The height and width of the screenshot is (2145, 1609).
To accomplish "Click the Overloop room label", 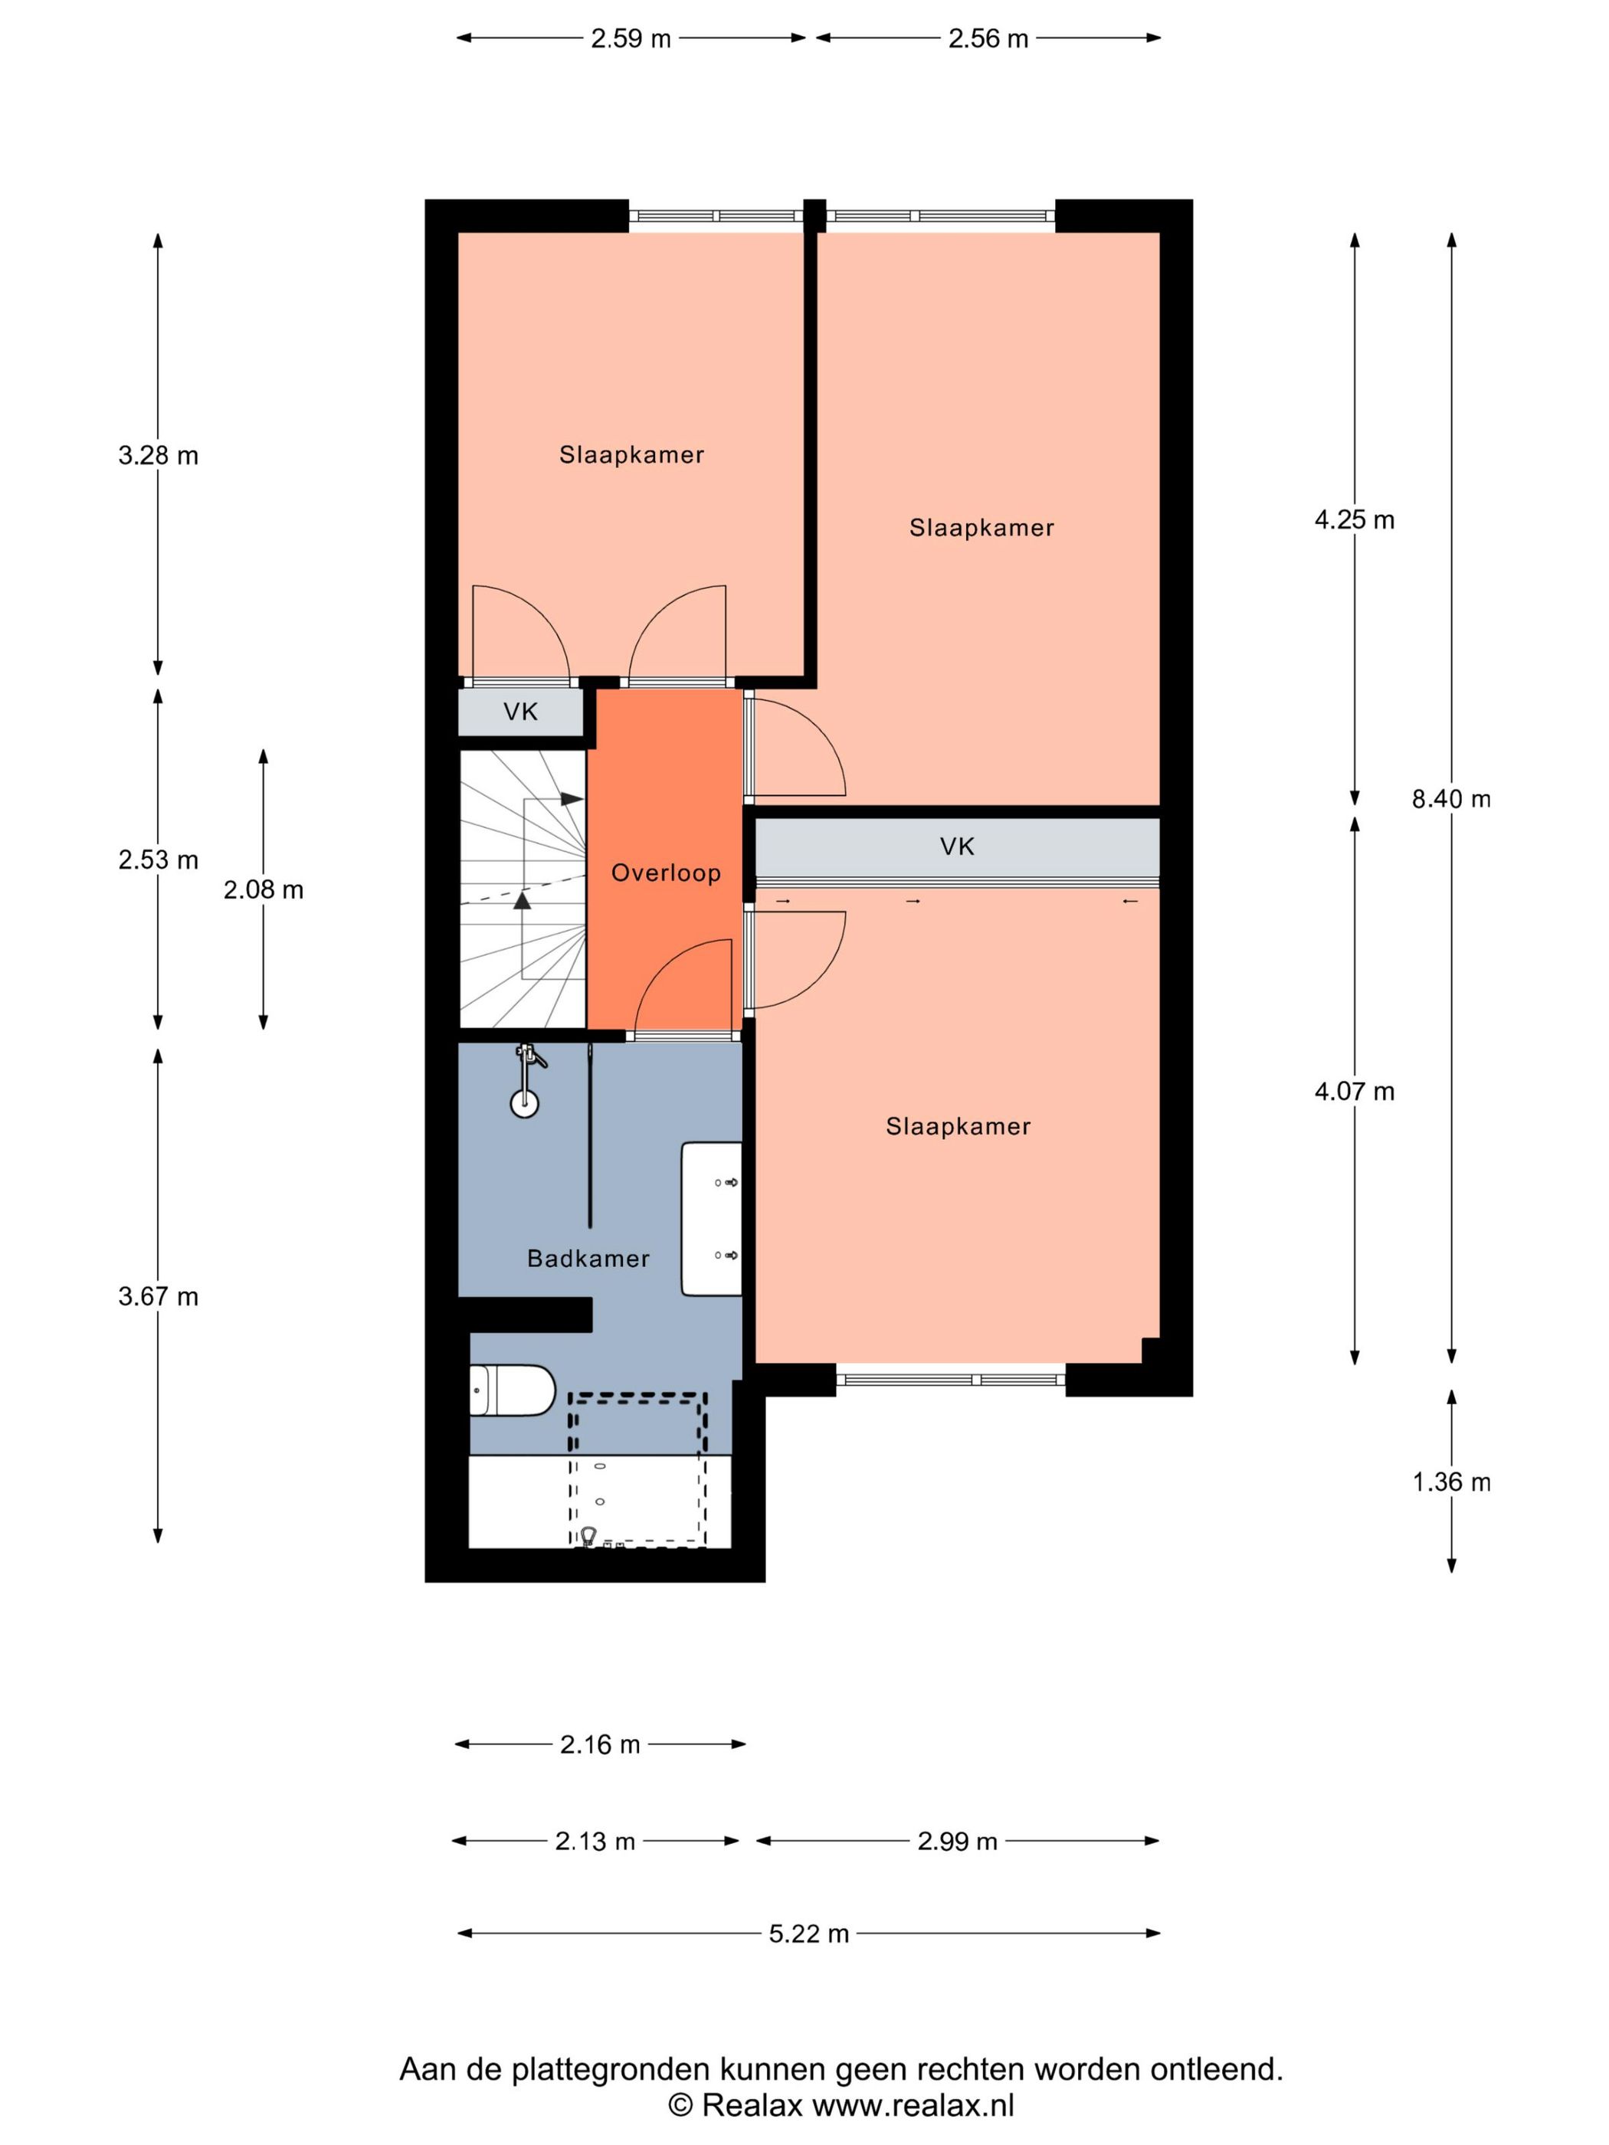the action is coord(665,872).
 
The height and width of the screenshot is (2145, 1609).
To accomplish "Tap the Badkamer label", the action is coord(588,1258).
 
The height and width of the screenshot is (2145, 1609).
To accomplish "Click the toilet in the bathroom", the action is coord(511,1390).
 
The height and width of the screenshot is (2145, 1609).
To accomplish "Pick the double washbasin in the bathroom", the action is coord(711,1218).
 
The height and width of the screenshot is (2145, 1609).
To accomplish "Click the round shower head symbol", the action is coord(525,1102).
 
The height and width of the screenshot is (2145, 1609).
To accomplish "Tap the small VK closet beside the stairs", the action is coord(521,712).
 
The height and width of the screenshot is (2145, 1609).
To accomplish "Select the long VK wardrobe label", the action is coord(956,847).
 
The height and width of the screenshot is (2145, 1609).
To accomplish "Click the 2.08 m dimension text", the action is coord(263,889).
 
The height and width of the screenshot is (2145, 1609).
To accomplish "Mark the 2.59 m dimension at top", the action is coord(631,39).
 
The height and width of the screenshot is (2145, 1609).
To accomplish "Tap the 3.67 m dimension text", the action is coord(158,1296).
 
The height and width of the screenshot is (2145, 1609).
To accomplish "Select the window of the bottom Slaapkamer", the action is coord(951,1379).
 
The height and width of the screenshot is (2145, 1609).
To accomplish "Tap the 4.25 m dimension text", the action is coord(1354,519).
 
